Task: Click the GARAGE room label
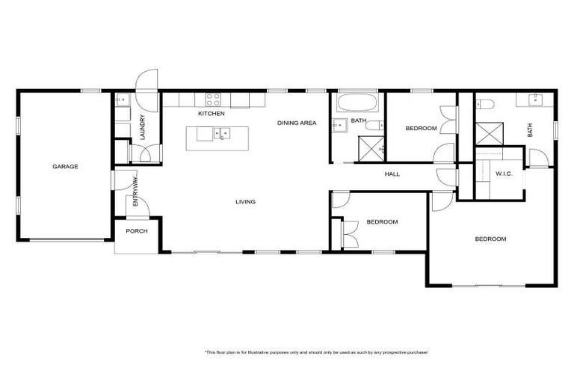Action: (65, 166)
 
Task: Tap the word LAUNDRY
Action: (141, 128)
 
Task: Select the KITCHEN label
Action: (212, 114)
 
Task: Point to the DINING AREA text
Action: (297, 123)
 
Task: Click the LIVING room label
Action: (245, 202)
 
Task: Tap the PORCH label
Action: (136, 231)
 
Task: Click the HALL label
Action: (392, 174)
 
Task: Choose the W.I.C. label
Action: (504, 174)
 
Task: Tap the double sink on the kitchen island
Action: (220, 135)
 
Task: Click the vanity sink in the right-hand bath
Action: (536, 100)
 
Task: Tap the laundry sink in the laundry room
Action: (123, 99)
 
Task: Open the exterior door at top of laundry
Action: (146, 81)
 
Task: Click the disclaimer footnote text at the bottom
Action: (316, 351)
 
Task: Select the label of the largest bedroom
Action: (490, 239)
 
